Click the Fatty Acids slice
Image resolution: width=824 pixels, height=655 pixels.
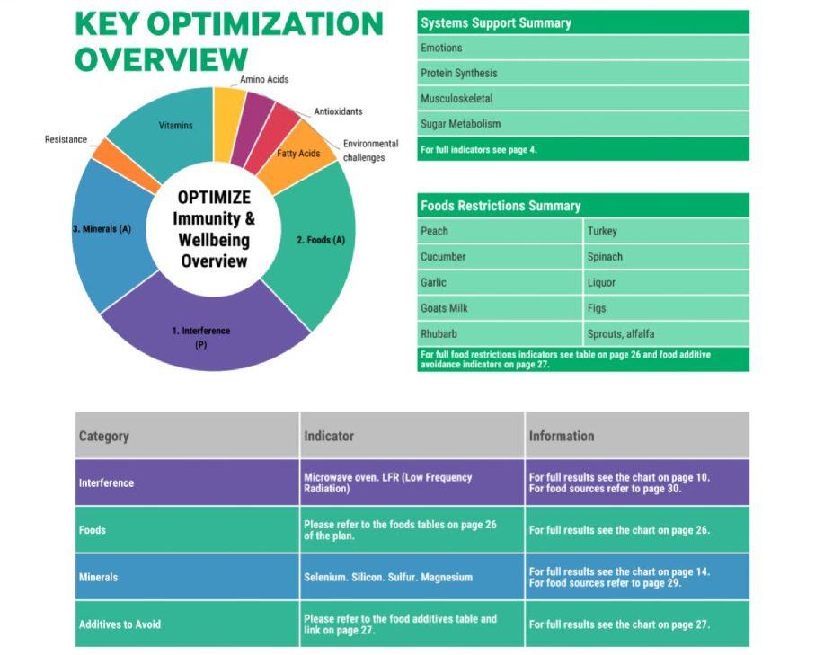pyautogui.click(x=297, y=155)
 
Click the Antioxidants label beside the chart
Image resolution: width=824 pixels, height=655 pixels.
pyautogui.click(x=338, y=111)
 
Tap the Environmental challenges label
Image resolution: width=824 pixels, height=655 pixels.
pyautogui.click(x=370, y=150)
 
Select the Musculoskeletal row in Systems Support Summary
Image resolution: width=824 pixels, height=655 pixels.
pyautogui.click(x=583, y=98)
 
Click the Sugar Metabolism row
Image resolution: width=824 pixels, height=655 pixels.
pyautogui.click(x=583, y=124)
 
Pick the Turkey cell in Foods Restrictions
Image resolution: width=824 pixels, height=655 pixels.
pyautogui.click(x=666, y=231)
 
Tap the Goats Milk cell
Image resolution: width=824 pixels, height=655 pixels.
pyautogui.click(x=500, y=308)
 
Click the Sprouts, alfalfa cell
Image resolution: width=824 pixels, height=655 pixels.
pyautogui.click(x=666, y=334)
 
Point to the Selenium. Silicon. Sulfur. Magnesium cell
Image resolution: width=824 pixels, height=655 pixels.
pyautogui.click(x=412, y=577)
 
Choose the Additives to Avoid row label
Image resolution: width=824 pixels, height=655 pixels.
pyautogui.click(x=120, y=624)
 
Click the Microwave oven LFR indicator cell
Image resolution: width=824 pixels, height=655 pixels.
pyautogui.click(x=412, y=482)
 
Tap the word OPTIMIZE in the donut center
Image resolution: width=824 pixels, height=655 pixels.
pyautogui.click(x=214, y=198)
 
